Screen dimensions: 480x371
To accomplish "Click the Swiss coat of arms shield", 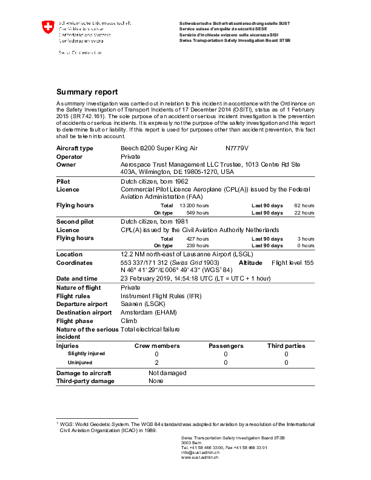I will coord(47,28).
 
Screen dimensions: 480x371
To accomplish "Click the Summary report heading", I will coord(87,92).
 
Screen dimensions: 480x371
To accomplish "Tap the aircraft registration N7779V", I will coord(237,148).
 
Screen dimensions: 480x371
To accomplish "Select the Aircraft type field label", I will coord(75,148).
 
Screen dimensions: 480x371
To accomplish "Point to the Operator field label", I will coord(69,156).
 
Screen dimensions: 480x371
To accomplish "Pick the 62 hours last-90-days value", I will coord(304,205).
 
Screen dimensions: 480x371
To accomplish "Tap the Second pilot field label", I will coord(75,222).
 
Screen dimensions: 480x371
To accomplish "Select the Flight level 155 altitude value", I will coord(293,263).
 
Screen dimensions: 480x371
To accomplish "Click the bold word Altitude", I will coord(250,263).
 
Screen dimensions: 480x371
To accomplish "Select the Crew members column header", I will coord(156,345).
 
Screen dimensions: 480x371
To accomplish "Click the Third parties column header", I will coord(286,345).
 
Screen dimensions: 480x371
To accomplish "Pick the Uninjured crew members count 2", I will coord(156,362).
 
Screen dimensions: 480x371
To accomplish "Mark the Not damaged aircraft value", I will coord(167,373).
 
